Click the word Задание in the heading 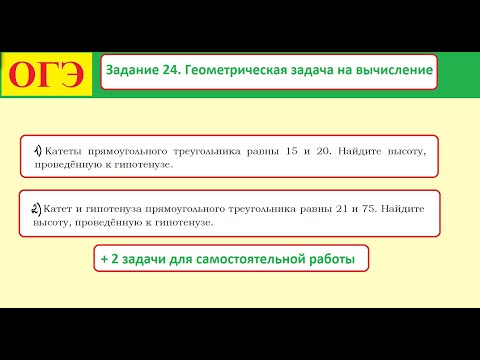(x=134, y=70)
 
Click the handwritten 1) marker (x=37, y=150)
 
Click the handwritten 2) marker (x=37, y=209)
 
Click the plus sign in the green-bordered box (x=104, y=258)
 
